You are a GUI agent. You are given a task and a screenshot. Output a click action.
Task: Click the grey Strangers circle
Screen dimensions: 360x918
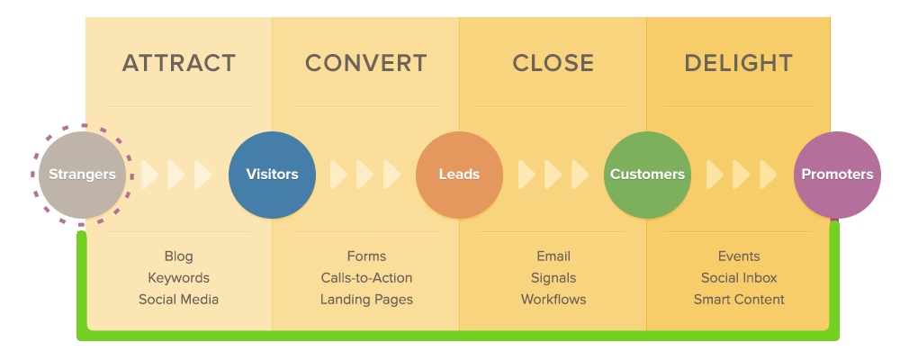(82, 175)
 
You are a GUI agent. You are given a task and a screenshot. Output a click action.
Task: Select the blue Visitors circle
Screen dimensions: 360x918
(272, 175)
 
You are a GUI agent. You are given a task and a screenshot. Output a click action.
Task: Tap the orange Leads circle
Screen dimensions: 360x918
(459, 175)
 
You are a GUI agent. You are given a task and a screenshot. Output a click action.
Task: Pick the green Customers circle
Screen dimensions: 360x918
(647, 175)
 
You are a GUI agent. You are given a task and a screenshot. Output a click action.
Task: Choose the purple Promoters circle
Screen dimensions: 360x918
(836, 175)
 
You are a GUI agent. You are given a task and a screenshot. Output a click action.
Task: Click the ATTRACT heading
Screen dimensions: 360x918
(179, 64)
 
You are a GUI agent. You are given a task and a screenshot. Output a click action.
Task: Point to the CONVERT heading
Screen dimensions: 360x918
(365, 64)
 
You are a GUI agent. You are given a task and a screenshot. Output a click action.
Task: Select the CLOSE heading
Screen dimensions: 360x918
(553, 64)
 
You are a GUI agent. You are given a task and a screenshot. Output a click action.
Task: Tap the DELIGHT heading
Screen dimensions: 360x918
(738, 64)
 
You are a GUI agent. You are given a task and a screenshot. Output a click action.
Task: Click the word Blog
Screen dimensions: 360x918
(178, 256)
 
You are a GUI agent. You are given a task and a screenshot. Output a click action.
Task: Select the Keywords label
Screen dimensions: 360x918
(178, 278)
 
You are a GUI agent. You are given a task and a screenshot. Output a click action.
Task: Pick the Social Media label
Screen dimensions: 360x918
(178, 299)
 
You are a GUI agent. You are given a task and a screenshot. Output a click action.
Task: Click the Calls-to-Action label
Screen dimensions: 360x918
(366, 278)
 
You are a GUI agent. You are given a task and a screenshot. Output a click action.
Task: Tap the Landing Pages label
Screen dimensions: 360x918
(366, 299)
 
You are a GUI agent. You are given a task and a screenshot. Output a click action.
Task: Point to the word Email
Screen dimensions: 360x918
(553, 256)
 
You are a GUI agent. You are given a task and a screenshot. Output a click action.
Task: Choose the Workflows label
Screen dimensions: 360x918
(553, 299)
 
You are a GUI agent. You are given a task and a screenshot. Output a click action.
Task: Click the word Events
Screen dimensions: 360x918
(739, 256)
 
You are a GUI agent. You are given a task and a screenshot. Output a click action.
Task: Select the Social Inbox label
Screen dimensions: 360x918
(739, 278)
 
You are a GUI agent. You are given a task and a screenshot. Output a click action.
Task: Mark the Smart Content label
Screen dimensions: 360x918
(739, 299)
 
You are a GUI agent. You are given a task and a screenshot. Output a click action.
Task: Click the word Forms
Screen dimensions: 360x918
(366, 256)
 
